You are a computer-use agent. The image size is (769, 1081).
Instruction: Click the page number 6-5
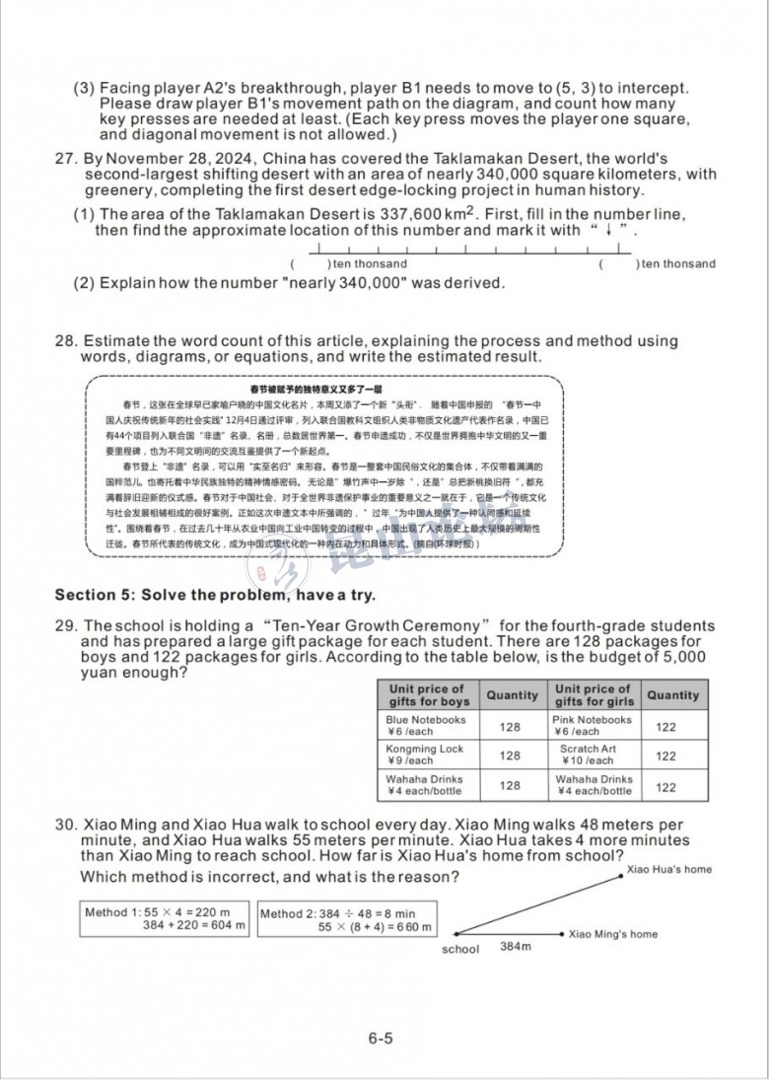coord(381,1037)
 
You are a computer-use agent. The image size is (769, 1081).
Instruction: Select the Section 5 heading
coord(215,595)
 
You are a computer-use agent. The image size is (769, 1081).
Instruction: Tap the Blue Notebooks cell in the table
coord(426,726)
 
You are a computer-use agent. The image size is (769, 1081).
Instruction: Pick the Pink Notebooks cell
coord(592,726)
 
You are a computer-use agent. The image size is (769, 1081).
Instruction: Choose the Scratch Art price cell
coord(588,755)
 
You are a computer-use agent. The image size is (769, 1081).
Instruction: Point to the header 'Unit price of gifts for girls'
coord(594,695)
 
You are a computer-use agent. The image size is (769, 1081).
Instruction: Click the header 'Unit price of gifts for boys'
coord(427,695)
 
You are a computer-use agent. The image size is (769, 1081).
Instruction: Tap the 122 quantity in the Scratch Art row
coord(666,756)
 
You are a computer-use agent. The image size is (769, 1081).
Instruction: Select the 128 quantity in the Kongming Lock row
coord(510,756)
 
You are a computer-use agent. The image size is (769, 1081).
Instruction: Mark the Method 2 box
coord(346,919)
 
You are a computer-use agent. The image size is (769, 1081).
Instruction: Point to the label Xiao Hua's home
coord(669,869)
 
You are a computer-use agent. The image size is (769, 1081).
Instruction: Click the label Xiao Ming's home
coord(613,933)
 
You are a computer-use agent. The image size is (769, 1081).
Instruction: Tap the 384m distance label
coord(515,947)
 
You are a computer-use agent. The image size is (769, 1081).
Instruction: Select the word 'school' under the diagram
coord(460,949)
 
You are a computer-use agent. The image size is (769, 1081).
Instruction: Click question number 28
coord(65,341)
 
